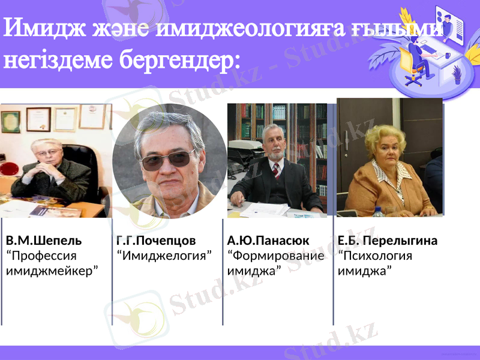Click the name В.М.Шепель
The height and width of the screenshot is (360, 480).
[43, 241]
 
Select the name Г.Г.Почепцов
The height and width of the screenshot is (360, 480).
[156, 241]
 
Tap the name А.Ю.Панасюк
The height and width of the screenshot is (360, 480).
[268, 241]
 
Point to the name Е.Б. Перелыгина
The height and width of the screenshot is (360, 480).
[388, 241]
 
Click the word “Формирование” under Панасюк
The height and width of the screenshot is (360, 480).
[276, 256]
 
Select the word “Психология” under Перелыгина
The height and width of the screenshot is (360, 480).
[375, 256]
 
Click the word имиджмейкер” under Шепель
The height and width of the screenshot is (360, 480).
[52, 271]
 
